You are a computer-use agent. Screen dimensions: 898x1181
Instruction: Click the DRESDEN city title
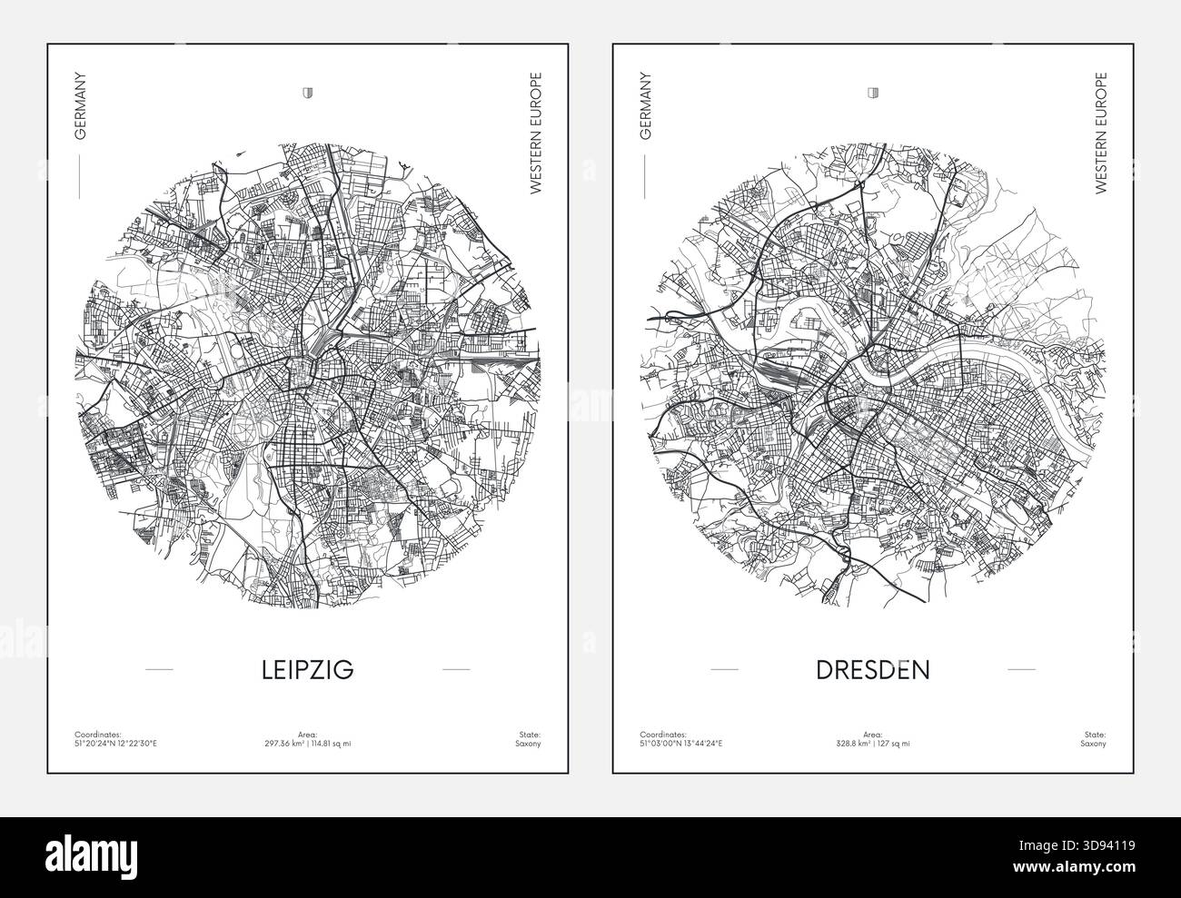873,670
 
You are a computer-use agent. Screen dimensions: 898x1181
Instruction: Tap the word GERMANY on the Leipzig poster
81,106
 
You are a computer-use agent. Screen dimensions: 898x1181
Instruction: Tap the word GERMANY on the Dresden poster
646,106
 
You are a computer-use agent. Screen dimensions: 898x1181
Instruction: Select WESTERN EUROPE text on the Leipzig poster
535,133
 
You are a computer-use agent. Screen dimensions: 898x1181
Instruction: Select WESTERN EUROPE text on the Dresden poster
1101,133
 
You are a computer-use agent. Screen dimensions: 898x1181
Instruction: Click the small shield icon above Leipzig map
307,93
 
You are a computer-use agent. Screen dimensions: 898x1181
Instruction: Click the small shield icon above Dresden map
873,93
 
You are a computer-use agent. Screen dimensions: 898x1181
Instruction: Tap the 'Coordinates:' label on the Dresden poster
660,734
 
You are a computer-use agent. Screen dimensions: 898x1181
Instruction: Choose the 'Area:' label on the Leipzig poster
307,734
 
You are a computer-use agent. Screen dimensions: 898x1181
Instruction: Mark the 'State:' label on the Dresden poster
1096,734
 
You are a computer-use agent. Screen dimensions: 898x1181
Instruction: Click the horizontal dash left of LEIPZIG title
159,670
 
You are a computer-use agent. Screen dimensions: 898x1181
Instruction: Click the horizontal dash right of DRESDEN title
1022,670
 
